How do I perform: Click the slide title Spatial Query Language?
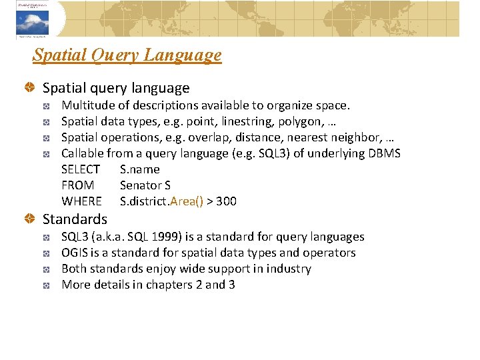127,55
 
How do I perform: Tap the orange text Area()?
187,201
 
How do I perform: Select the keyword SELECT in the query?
81,169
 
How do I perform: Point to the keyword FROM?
77,185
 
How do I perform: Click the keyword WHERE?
81,201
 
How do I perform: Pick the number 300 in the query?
226,201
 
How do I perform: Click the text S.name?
139,169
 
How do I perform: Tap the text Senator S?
145,185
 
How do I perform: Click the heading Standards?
75,219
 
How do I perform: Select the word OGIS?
74,253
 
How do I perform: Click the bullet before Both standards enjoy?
48,269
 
